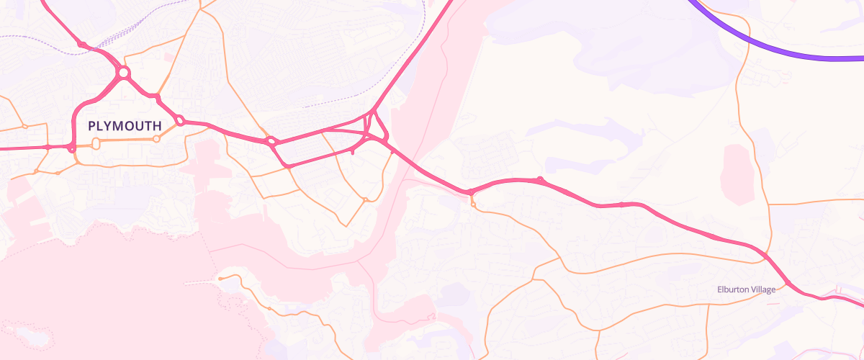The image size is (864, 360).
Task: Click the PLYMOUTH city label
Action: click(x=125, y=126)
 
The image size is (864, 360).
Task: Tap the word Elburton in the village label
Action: click(x=734, y=289)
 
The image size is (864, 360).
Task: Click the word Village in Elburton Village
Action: click(x=763, y=289)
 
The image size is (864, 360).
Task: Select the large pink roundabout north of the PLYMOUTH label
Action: click(x=124, y=73)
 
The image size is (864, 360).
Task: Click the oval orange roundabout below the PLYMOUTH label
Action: click(x=96, y=143)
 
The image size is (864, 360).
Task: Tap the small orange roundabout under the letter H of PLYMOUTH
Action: click(x=156, y=139)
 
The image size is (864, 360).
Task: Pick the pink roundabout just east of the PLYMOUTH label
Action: click(x=180, y=121)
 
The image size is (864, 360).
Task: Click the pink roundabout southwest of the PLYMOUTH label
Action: click(x=72, y=149)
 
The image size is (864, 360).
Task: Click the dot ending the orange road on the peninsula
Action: click(x=220, y=278)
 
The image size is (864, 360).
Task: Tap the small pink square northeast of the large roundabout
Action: click(x=168, y=55)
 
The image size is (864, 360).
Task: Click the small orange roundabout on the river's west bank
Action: click(x=366, y=199)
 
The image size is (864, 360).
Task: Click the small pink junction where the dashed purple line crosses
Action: click(x=83, y=45)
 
